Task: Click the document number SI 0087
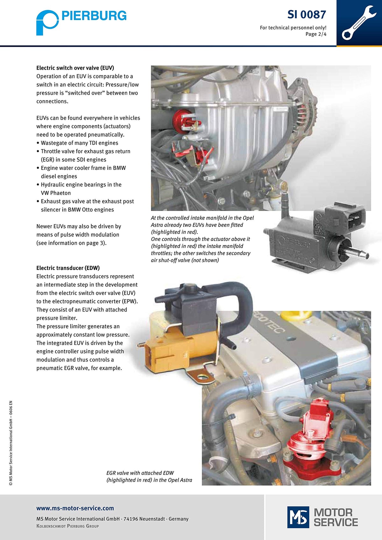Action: (307, 15)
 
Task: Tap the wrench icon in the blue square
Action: (359, 23)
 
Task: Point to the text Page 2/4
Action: (316, 34)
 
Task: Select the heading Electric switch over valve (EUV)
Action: (75, 68)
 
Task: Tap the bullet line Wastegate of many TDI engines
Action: (79, 143)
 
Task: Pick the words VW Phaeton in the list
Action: (56, 193)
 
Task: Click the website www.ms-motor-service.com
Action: (75, 508)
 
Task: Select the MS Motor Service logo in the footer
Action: (322, 517)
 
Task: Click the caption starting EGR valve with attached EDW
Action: (149, 476)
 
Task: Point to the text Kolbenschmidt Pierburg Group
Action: (67, 526)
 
